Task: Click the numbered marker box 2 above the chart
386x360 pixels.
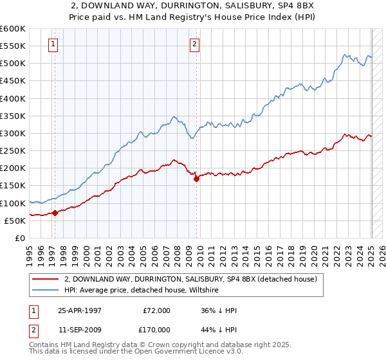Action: pos(194,44)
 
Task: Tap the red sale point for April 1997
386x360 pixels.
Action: pos(55,213)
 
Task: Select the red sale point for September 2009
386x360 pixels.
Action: pos(196,179)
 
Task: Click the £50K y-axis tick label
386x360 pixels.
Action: pos(15,221)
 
